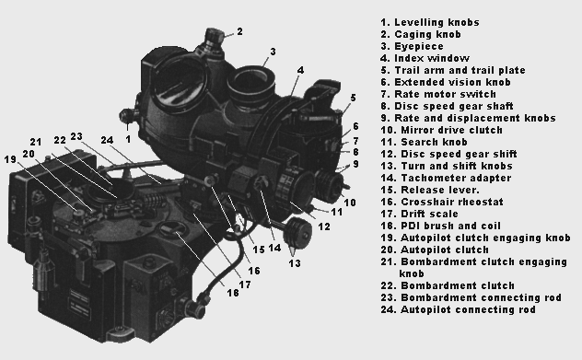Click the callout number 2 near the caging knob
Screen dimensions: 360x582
coord(239,31)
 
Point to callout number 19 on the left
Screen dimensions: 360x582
coord(11,158)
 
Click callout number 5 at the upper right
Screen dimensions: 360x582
coord(353,98)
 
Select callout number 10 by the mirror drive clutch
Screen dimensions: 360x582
coord(350,201)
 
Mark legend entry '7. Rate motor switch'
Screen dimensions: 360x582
coord(432,93)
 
